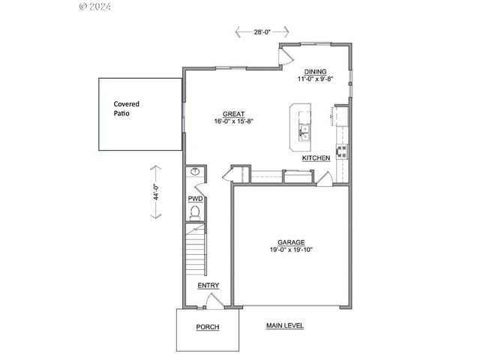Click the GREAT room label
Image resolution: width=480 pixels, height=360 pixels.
click(x=233, y=114)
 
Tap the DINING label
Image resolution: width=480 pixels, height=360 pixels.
click(x=315, y=72)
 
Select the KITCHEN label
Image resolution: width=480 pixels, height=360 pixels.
click(x=316, y=158)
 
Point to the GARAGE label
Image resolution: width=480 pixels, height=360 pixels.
click(x=291, y=242)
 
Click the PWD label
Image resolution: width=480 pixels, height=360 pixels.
click(x=195, y=199)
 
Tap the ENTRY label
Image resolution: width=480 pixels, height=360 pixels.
click(x=208, y=285)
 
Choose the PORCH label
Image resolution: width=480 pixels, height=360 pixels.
click(x=208, y=327)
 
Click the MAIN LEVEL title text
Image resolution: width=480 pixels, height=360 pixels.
click(x=285, y=325)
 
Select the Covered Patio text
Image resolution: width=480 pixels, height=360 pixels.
click(x=127, y=108)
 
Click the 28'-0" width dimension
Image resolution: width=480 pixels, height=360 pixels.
click(x=262, y=31)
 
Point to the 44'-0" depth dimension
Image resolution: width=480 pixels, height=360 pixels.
click(x=156, y=192)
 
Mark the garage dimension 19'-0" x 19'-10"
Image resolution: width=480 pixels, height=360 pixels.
click(x=291, y=250)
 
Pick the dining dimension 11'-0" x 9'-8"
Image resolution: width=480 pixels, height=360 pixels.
click(x=315, y=79)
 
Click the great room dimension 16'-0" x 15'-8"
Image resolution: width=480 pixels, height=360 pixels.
click(x=234, y=121)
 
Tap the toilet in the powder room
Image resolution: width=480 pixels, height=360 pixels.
click(x=195, y=213)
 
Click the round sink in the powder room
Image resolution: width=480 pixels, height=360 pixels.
click(x=195, y=172)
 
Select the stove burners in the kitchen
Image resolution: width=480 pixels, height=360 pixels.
click(x=342, y=151)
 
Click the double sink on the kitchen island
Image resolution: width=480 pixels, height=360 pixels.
click(x=304, y=133)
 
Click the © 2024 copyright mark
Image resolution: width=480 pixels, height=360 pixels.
click(x=95, y=6)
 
